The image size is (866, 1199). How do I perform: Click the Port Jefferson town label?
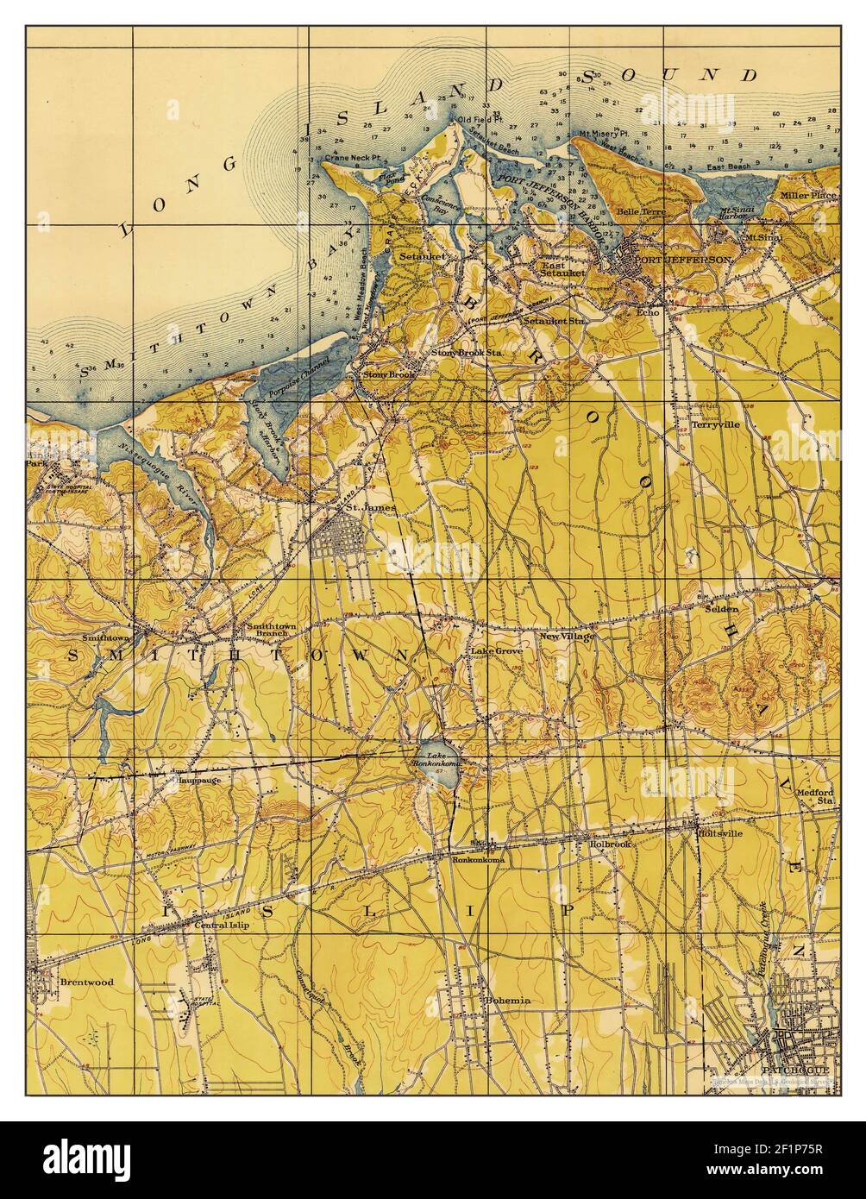coord(683,259)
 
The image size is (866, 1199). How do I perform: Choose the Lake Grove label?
coord(496,650)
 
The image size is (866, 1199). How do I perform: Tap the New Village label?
coord(567,637)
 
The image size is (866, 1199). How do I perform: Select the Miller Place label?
coord(808,195)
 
